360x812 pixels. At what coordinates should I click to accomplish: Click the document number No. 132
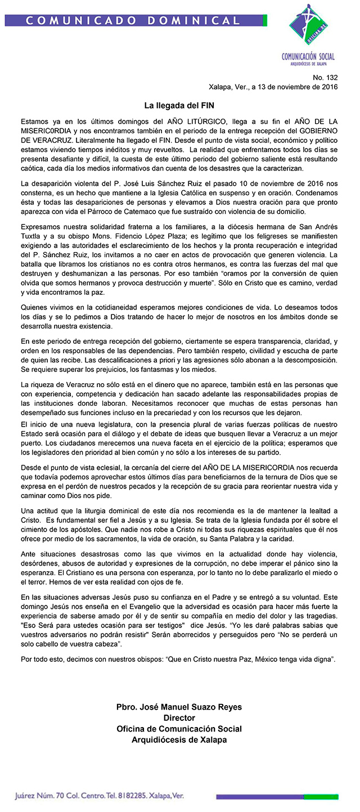click(326, 77)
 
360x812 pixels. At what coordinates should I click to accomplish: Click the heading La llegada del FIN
click(179, 105)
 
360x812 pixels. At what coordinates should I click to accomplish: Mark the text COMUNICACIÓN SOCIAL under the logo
click(308, 56)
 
